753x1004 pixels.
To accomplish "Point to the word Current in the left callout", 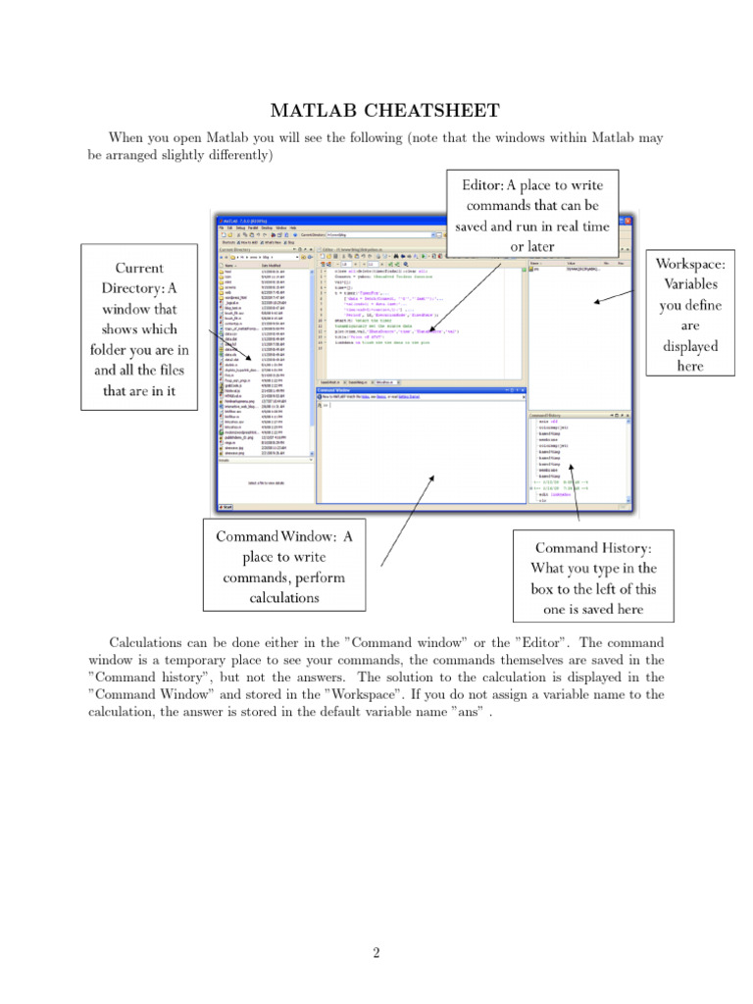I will pos(139,269).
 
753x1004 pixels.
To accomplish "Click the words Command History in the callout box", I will pos(592,547).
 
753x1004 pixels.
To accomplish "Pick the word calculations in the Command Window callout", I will pos(284,597).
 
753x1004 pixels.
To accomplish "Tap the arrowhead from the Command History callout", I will pos(576,483).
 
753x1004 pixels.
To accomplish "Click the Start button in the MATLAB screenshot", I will pos(225,507).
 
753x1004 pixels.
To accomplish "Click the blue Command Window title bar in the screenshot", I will pos(422,389).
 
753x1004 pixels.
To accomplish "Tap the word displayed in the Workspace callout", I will pos(690,345).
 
